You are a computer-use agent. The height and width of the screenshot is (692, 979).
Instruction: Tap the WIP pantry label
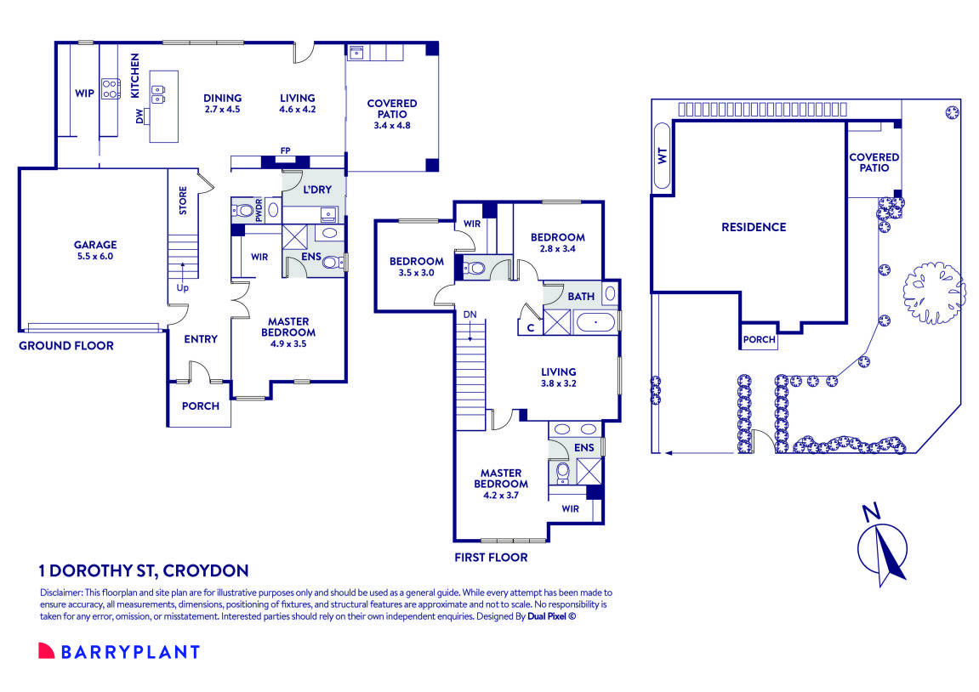pyautogui.click(x=84, y=94)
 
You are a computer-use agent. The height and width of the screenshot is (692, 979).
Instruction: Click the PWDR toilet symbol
pyautogui.click(x=246, y=210)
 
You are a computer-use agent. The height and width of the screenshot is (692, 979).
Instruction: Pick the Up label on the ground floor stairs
pyautogui.click(x=182, y=287)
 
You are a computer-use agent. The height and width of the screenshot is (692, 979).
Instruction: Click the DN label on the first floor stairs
pyautogui.click(x=470, y=314)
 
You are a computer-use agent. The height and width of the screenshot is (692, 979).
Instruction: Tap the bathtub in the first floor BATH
pyautogui.click(x=596, y=322)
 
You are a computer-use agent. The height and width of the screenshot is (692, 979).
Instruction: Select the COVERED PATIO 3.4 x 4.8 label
pyautogui.click(x=392, y=114)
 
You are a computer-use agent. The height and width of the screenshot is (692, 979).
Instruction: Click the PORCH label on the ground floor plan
pyautogui.click(x=201, y=406)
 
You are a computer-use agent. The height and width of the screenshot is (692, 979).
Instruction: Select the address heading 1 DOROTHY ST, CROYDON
pyautogui.click(x=144, y=570)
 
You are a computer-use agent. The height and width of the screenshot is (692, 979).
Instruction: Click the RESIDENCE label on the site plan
pyautogui.click(x=753, y=227)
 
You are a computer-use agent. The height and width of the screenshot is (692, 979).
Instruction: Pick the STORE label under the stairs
pyautogui.click(x=183, y=201)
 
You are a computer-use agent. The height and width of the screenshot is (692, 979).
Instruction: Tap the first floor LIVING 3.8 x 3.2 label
pyautogui.click(x=559, y=377)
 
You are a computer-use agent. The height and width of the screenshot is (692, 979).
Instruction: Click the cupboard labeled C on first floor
pyautogui.click(x=530, y=326)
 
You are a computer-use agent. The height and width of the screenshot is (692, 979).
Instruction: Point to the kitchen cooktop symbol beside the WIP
pyautogui.click(x=111, y=88)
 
